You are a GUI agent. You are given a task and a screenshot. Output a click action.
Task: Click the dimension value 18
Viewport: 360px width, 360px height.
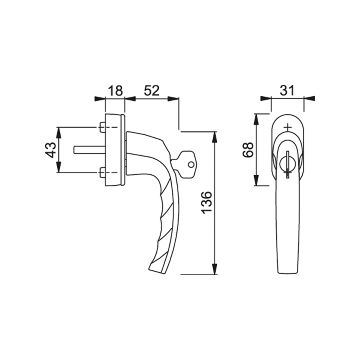[115, 91]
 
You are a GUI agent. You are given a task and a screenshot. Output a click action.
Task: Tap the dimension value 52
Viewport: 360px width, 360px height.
[151, 91]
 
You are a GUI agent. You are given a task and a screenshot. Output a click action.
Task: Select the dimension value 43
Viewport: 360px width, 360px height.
[50, 150]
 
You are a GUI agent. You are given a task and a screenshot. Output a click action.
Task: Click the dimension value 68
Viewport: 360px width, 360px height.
[248, 150]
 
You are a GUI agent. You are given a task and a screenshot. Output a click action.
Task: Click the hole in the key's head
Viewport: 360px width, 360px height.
[191, 165]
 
